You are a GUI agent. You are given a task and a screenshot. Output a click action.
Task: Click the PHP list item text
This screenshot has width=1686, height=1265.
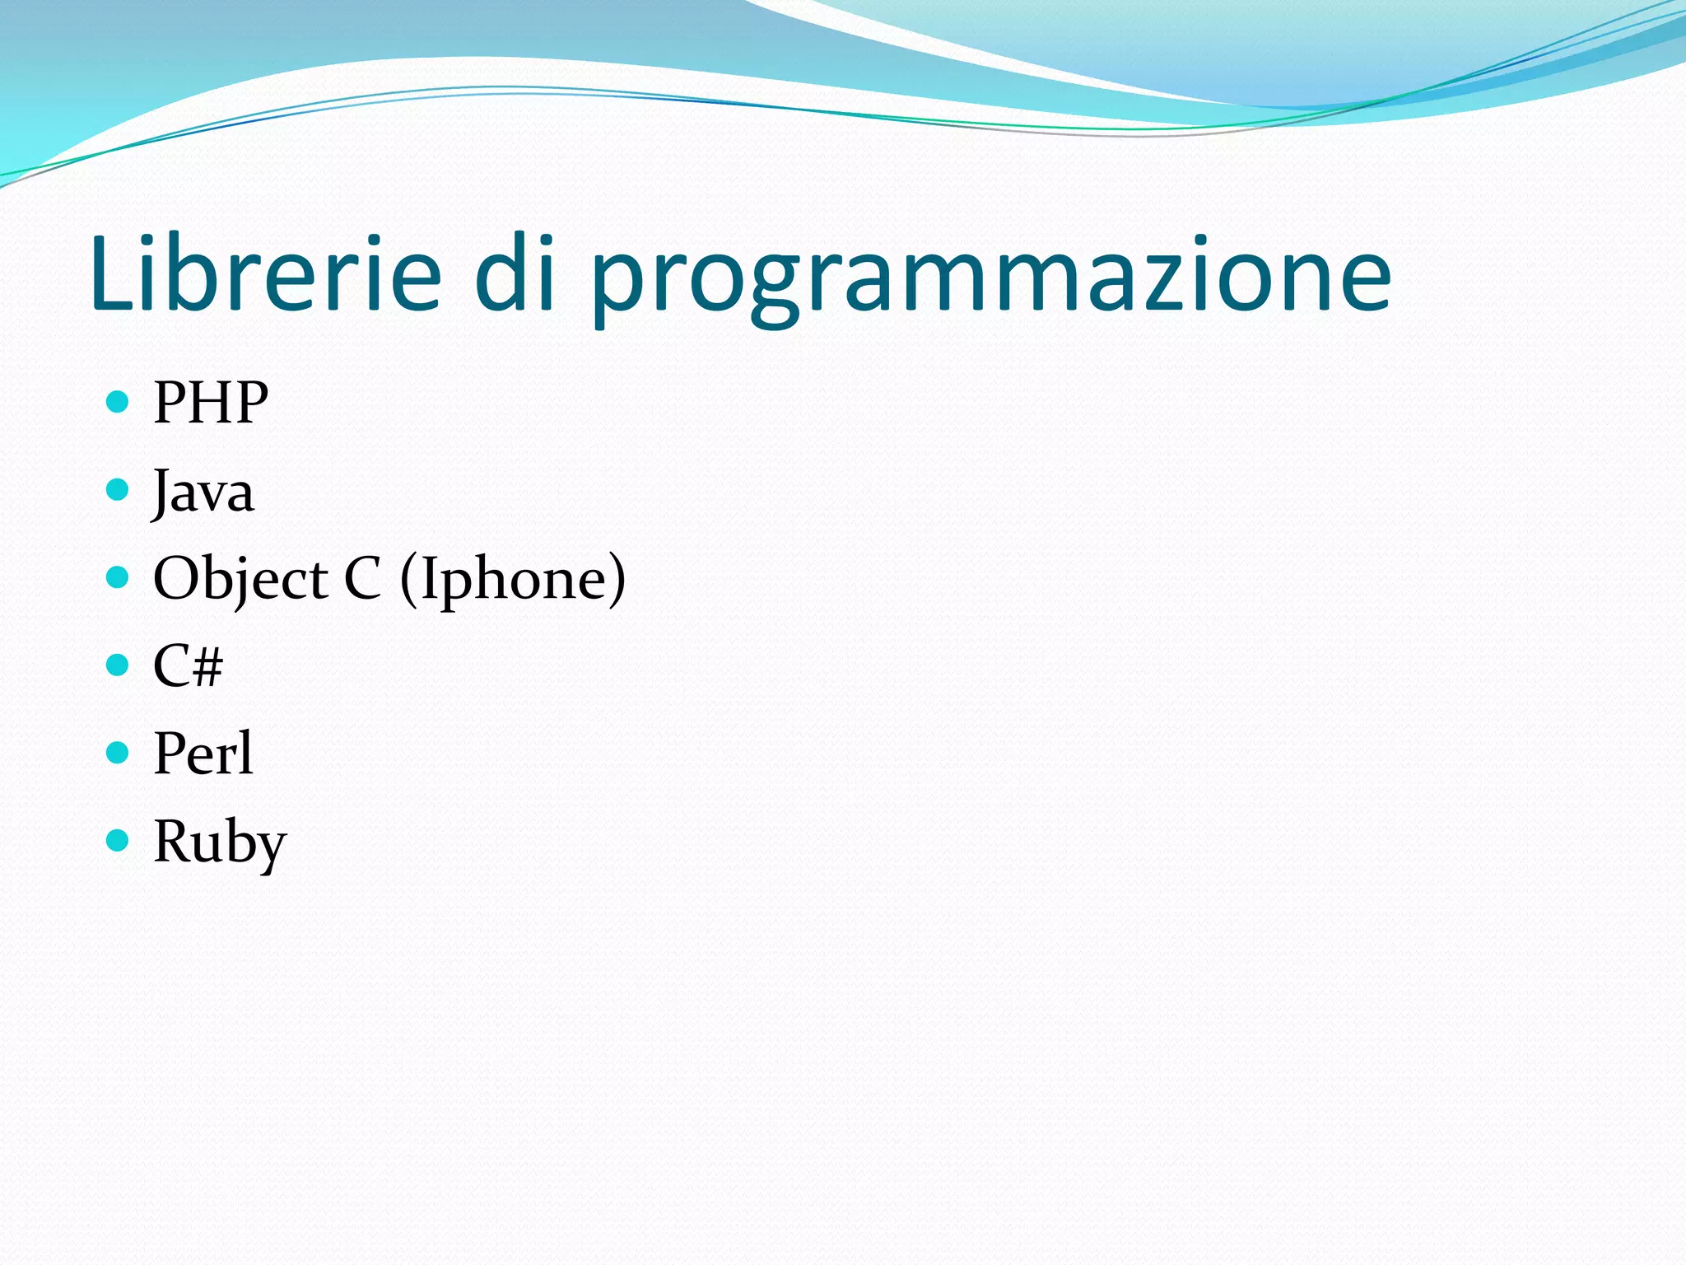tap(211, 403)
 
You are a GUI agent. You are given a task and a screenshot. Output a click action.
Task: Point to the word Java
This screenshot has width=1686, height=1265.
tap(203, 492)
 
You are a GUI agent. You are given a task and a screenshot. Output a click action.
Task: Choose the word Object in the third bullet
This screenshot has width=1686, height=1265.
tap(240, 579)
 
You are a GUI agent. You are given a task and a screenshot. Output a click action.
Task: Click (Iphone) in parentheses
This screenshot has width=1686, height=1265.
tap(513, 579)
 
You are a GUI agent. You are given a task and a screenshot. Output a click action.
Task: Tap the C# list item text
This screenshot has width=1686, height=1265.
tap(188, 665)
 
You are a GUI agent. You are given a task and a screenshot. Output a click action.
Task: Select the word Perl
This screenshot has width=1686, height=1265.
tap(203, 754)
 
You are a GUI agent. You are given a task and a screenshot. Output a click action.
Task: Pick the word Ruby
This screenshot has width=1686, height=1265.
tap(220, 843)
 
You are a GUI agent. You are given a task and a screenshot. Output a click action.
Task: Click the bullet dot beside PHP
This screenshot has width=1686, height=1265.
tap(119, 402)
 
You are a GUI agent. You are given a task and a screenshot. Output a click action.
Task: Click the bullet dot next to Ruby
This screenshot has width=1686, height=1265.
tap(119, 840)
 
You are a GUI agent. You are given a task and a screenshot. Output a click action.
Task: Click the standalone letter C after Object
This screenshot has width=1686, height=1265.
tap(362, 578)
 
